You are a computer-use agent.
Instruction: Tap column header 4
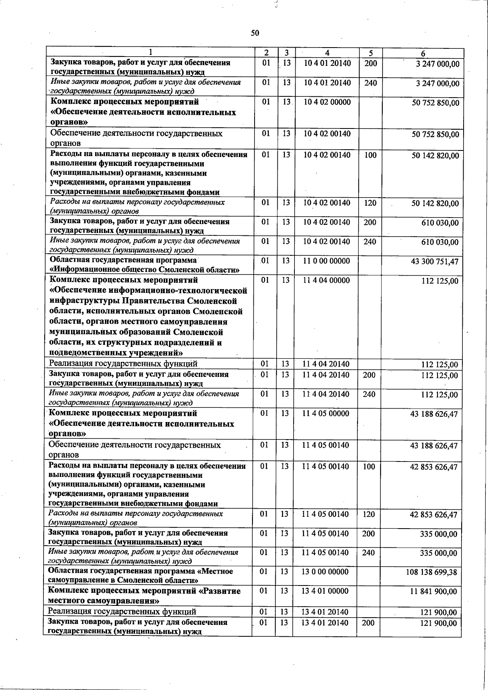[x=327, y=53]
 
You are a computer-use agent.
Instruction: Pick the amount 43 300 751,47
[x=434, y=261]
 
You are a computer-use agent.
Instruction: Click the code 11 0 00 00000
[x=326, y=261]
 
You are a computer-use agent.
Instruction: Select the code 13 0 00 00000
[x=325, y=572]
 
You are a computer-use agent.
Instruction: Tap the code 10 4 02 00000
[x=327, y=102]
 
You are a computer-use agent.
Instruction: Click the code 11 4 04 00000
[x=326, y=280]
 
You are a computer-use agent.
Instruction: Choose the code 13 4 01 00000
[x=325, y=591]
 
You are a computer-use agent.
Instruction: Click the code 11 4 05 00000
[x=325, y=414]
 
